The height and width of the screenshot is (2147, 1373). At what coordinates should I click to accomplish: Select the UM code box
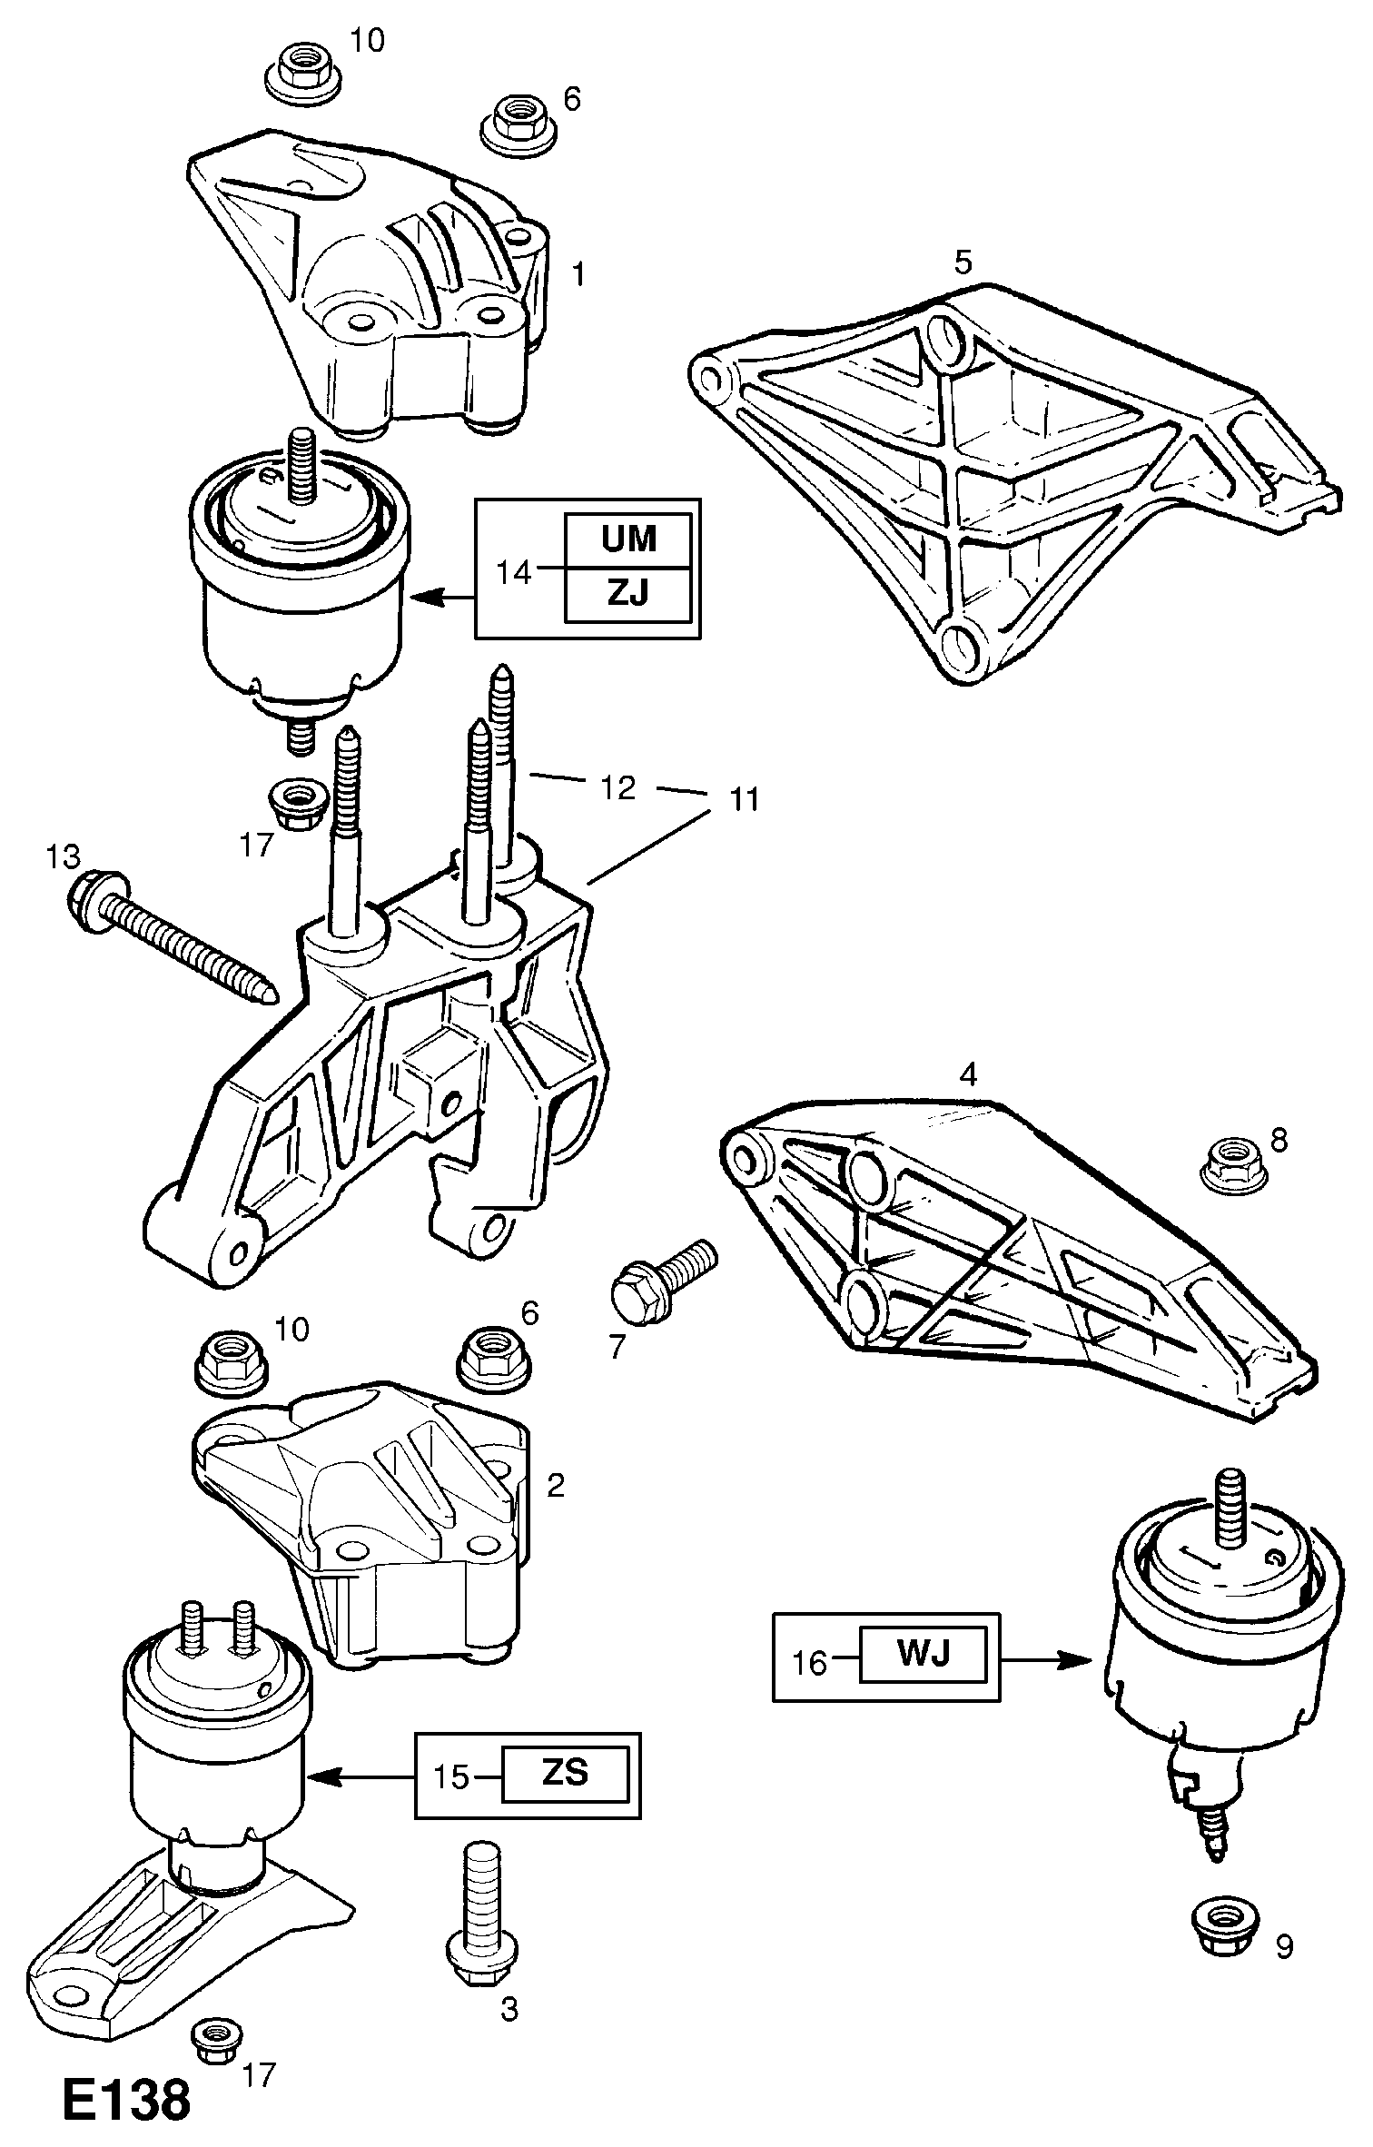[x=628, y=539]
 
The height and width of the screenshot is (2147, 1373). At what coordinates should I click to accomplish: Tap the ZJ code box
[x=628, y=595]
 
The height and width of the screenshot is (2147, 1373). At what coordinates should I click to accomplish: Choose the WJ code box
[x=923, y=1655]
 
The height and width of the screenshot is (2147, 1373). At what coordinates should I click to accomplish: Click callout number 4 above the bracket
[x=968, y=1076]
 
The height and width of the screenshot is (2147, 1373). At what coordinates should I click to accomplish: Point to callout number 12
[x=617, y=787]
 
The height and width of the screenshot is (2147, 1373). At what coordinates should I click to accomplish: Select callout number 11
[x=745, y=800]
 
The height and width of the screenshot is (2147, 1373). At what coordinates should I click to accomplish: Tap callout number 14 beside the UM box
[x=514, y=573]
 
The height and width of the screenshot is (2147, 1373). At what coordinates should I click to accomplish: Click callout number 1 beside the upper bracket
[x=578, y=273]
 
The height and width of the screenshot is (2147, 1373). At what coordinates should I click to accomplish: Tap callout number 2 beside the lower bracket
[x=555, y=1484]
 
